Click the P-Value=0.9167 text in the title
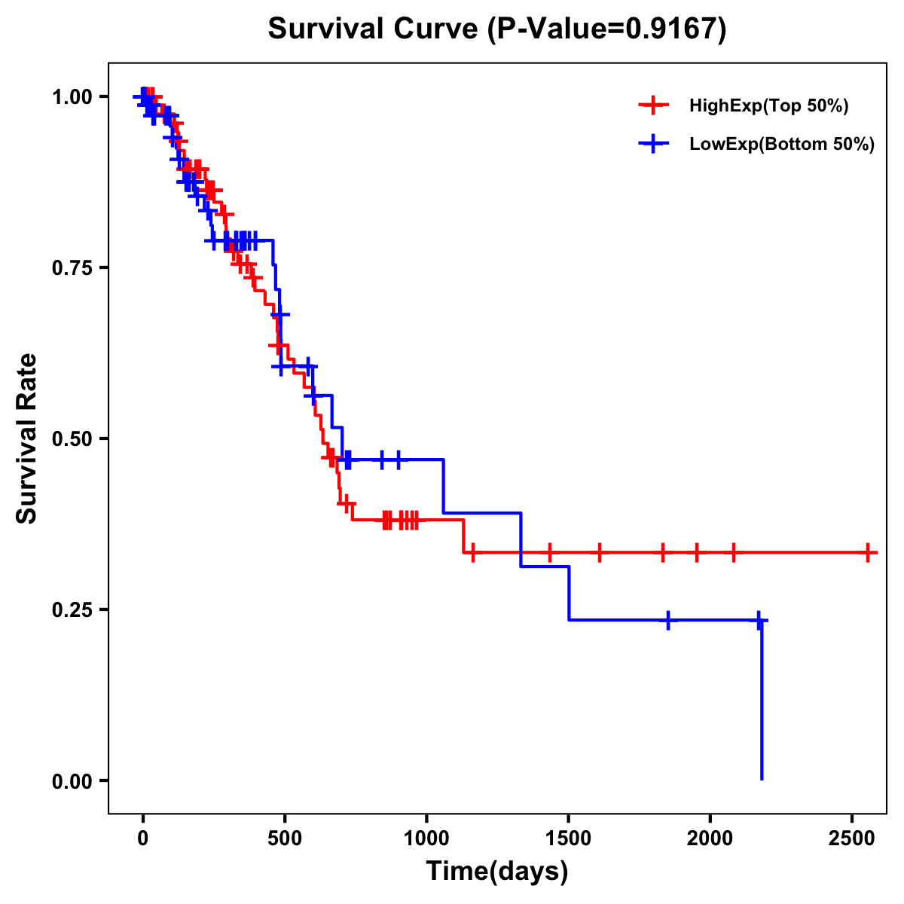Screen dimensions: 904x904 [x=607, y=29]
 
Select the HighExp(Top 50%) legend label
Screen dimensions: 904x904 [x=768, y=106]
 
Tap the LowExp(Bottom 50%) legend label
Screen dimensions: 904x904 [x=782, y=145]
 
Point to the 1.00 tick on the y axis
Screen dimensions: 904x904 [x=72, y=96]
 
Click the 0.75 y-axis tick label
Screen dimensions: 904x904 [x=72, y=267]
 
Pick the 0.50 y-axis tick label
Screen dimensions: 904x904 [x=72, y=438]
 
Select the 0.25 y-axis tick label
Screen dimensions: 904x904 [x=72, y=609]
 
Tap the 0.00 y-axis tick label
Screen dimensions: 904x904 [x=72, y=780]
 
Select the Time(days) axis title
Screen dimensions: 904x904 [x=497, y=872]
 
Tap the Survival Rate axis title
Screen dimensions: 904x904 [x=27, y=438]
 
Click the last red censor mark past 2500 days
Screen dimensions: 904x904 [x=869, y=552]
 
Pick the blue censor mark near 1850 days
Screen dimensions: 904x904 [x=668, y=620]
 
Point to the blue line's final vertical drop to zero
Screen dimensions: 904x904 [x=762, y=701]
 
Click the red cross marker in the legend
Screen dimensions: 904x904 [x=653, y=106]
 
